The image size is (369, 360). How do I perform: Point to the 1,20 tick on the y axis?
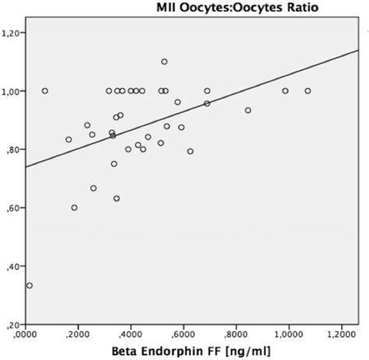coord(12,33)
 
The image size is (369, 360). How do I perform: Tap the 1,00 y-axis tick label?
coord(12,91)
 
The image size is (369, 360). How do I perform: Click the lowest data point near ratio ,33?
coord(30,285)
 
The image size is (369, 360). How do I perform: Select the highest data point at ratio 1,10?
coord(164,61)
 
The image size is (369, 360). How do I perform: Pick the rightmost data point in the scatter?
coord(307,91)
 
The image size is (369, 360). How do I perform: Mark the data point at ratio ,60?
coord(74,208)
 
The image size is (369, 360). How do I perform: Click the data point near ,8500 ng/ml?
coord(248,110)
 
